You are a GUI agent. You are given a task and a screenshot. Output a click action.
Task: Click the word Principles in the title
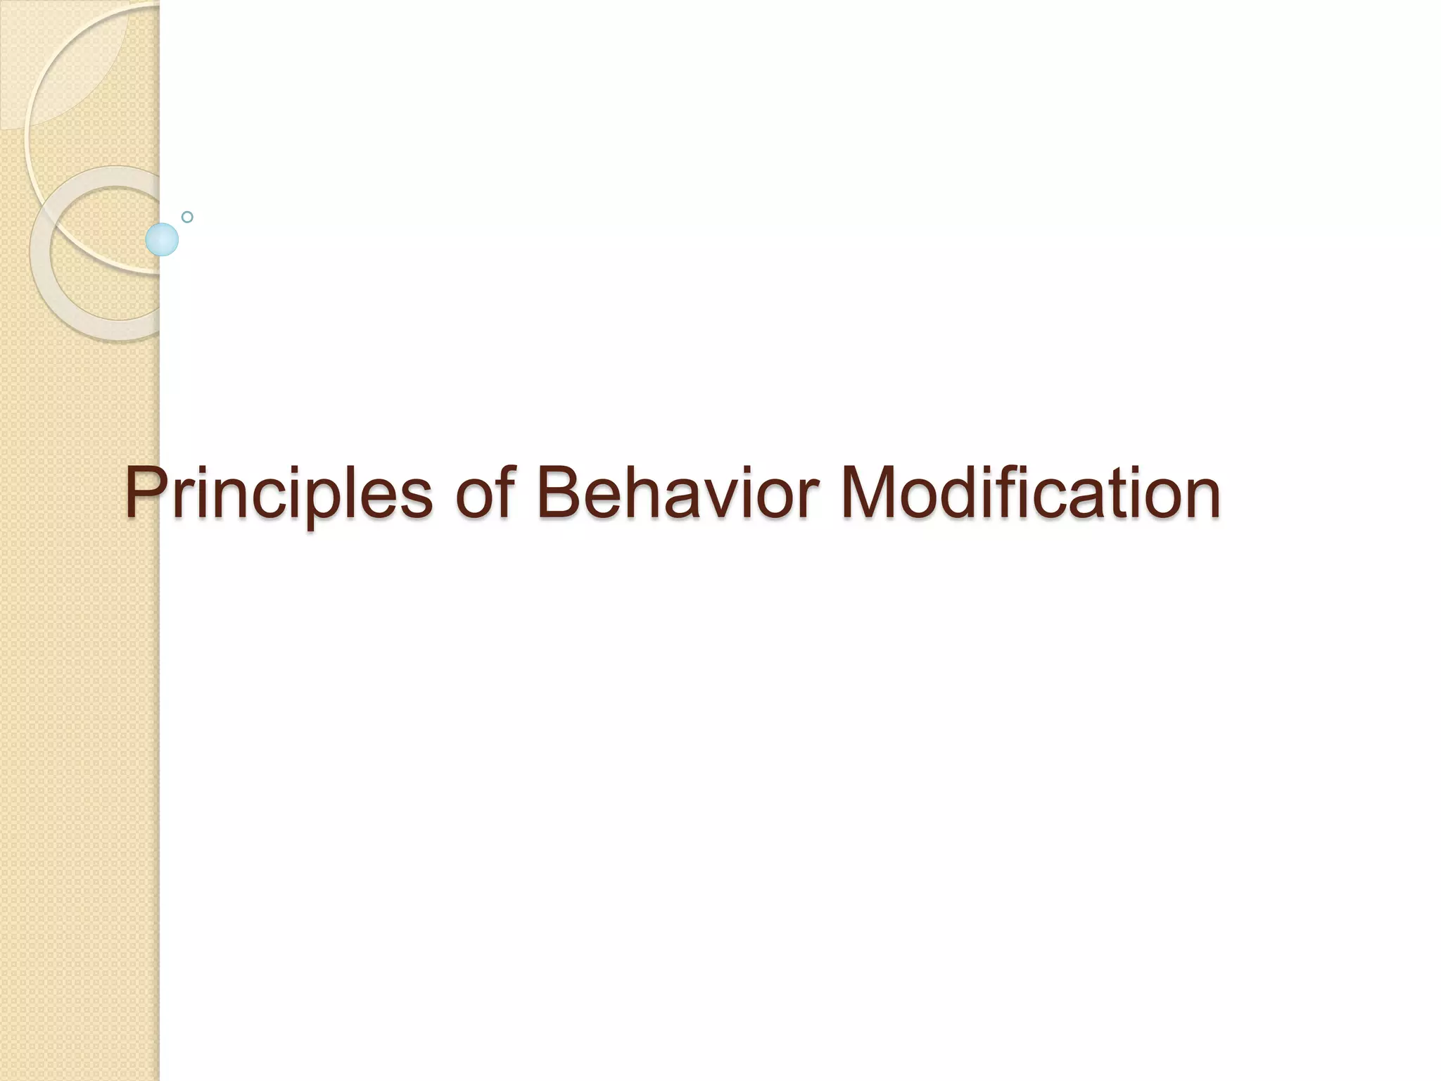coord(279,493)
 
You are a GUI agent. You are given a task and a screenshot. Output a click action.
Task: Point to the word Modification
coord(1029,493)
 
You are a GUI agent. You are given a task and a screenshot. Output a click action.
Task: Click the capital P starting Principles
coord(146,493)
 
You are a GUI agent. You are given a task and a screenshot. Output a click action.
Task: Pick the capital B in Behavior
coord(561,493)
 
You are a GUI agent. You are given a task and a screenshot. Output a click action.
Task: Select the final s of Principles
coord(414,497)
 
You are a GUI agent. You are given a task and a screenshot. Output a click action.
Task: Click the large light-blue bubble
coord(162,239)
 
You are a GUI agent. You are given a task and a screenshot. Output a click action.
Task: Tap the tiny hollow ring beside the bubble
coord(187,217)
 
